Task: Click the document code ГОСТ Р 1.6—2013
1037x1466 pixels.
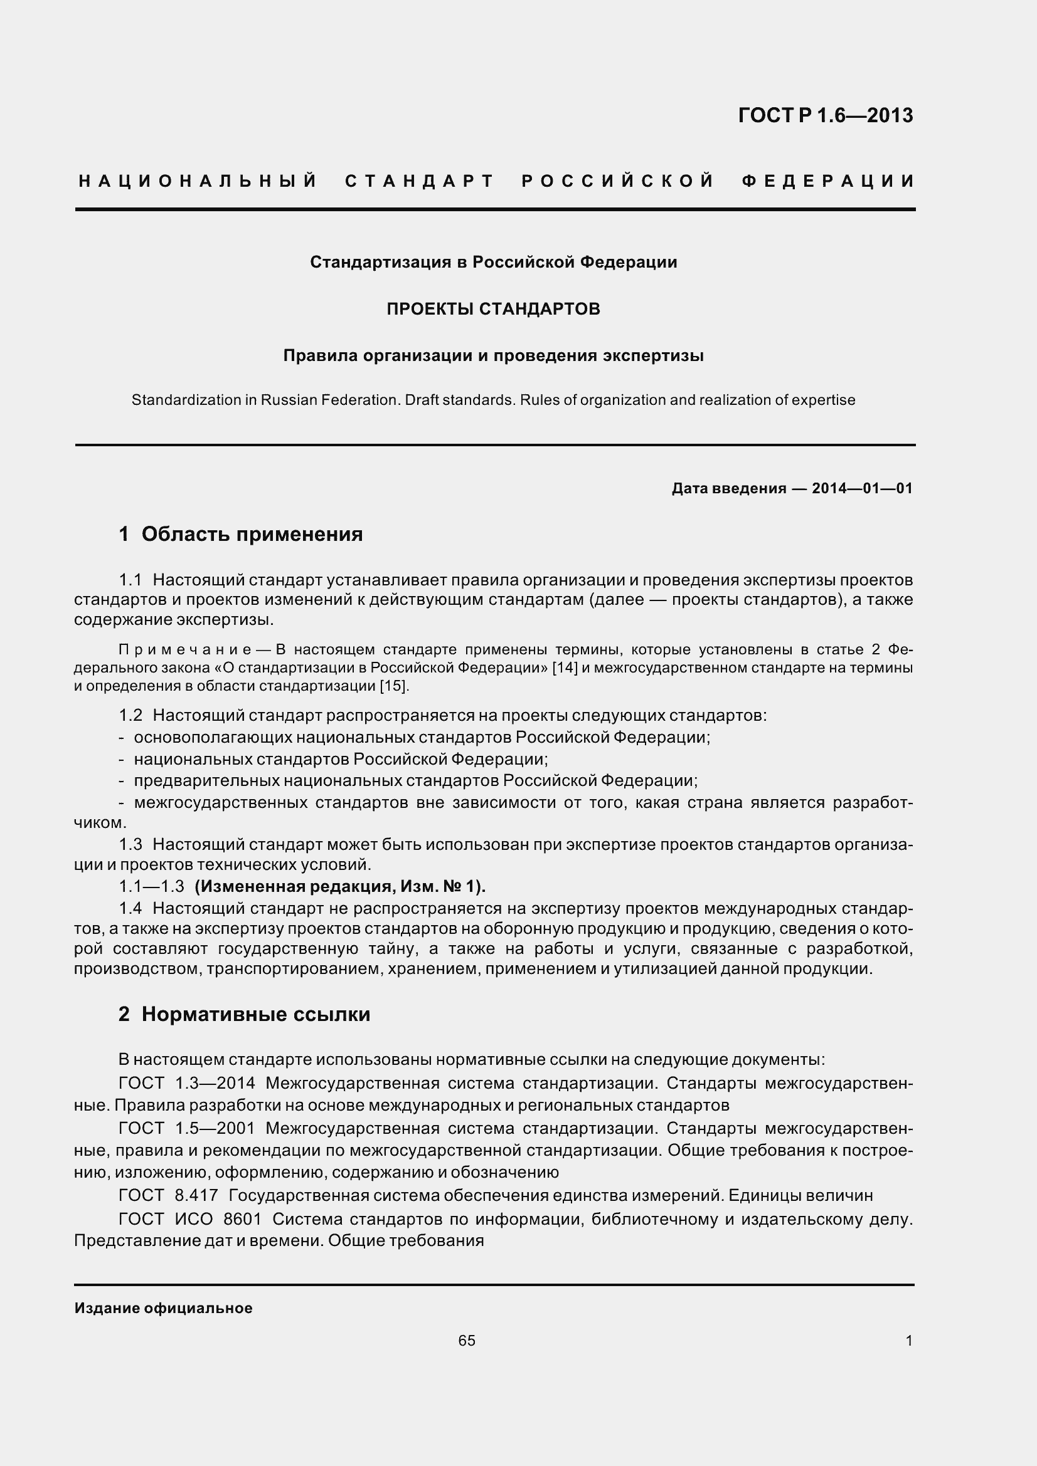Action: coord(826,115)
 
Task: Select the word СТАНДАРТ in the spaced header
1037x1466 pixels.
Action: coord(420,181)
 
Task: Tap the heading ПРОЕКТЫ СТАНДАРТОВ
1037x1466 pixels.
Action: coord(493,309)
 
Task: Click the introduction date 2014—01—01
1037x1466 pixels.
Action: coord(862,489)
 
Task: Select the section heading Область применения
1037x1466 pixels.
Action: coord(252,534)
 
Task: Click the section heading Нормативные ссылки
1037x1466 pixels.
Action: coord(255,1015)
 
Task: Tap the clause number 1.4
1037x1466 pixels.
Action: coord(130,909)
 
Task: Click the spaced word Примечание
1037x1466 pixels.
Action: coord(184,650)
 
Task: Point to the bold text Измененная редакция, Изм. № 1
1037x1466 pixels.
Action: coord(340,887)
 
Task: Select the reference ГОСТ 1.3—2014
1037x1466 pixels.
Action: coord(186,1084)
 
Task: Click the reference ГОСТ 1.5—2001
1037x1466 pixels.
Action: coord(186,1128)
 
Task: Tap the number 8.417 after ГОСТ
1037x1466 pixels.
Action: coord(196,1195)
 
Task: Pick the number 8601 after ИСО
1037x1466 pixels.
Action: coord(242,1219)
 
